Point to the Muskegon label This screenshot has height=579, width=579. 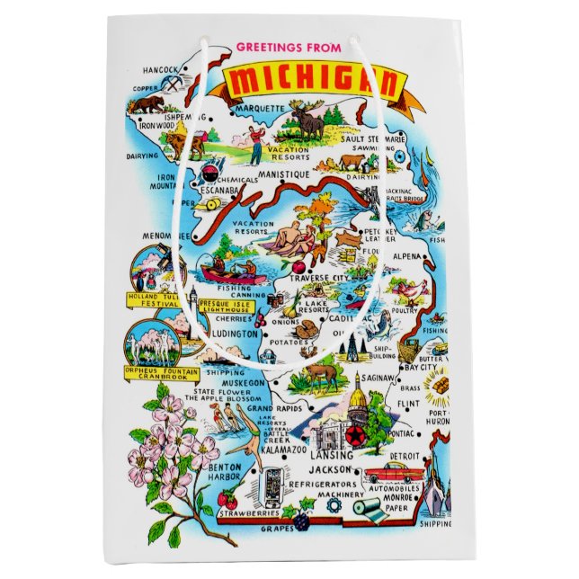click(244, 381)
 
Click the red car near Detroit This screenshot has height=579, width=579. click(391, 471)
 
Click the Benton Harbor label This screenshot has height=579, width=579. click(225, 474)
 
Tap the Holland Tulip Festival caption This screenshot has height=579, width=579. click(154, 299)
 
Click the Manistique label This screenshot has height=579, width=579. click(282, 173)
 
